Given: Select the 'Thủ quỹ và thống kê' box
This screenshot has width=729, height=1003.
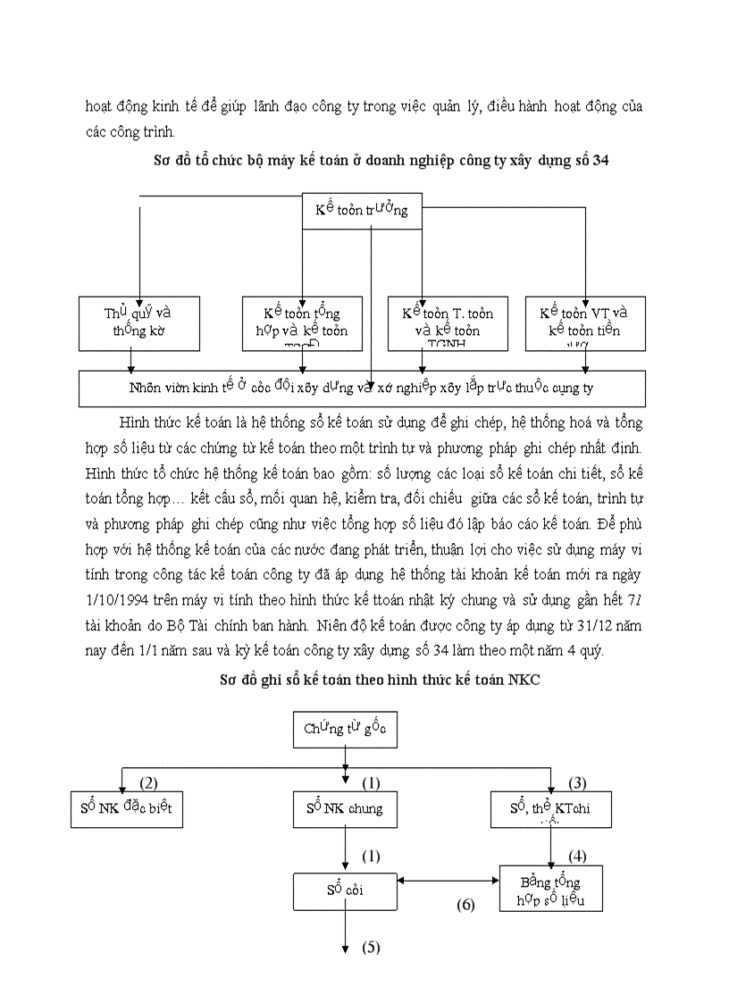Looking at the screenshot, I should [139, 322].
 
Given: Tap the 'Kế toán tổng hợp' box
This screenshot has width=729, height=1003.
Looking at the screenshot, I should [302, 322].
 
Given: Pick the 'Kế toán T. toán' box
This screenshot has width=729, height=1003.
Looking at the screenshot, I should [448, 322].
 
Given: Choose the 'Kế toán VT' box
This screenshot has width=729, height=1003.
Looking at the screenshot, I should [584, 322].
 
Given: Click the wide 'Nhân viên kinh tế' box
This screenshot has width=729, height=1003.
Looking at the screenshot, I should [362, 389].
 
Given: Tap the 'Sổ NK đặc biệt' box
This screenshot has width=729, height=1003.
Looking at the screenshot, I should [127, 808].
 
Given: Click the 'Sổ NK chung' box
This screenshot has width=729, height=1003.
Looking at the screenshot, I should [345, 808].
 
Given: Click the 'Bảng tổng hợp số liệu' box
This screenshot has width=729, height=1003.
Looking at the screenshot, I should [551, 889].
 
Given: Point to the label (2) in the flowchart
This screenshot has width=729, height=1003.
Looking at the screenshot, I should [148, 783].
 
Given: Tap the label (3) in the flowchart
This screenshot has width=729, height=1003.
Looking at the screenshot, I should [577, 783].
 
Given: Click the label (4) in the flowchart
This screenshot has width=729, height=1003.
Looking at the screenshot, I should [577, 856].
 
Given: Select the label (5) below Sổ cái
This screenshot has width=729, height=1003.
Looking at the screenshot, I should [371, 948].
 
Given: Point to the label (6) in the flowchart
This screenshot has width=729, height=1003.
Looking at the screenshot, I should [465, 904].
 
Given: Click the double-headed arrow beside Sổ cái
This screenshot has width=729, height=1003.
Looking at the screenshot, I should [448, 882].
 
